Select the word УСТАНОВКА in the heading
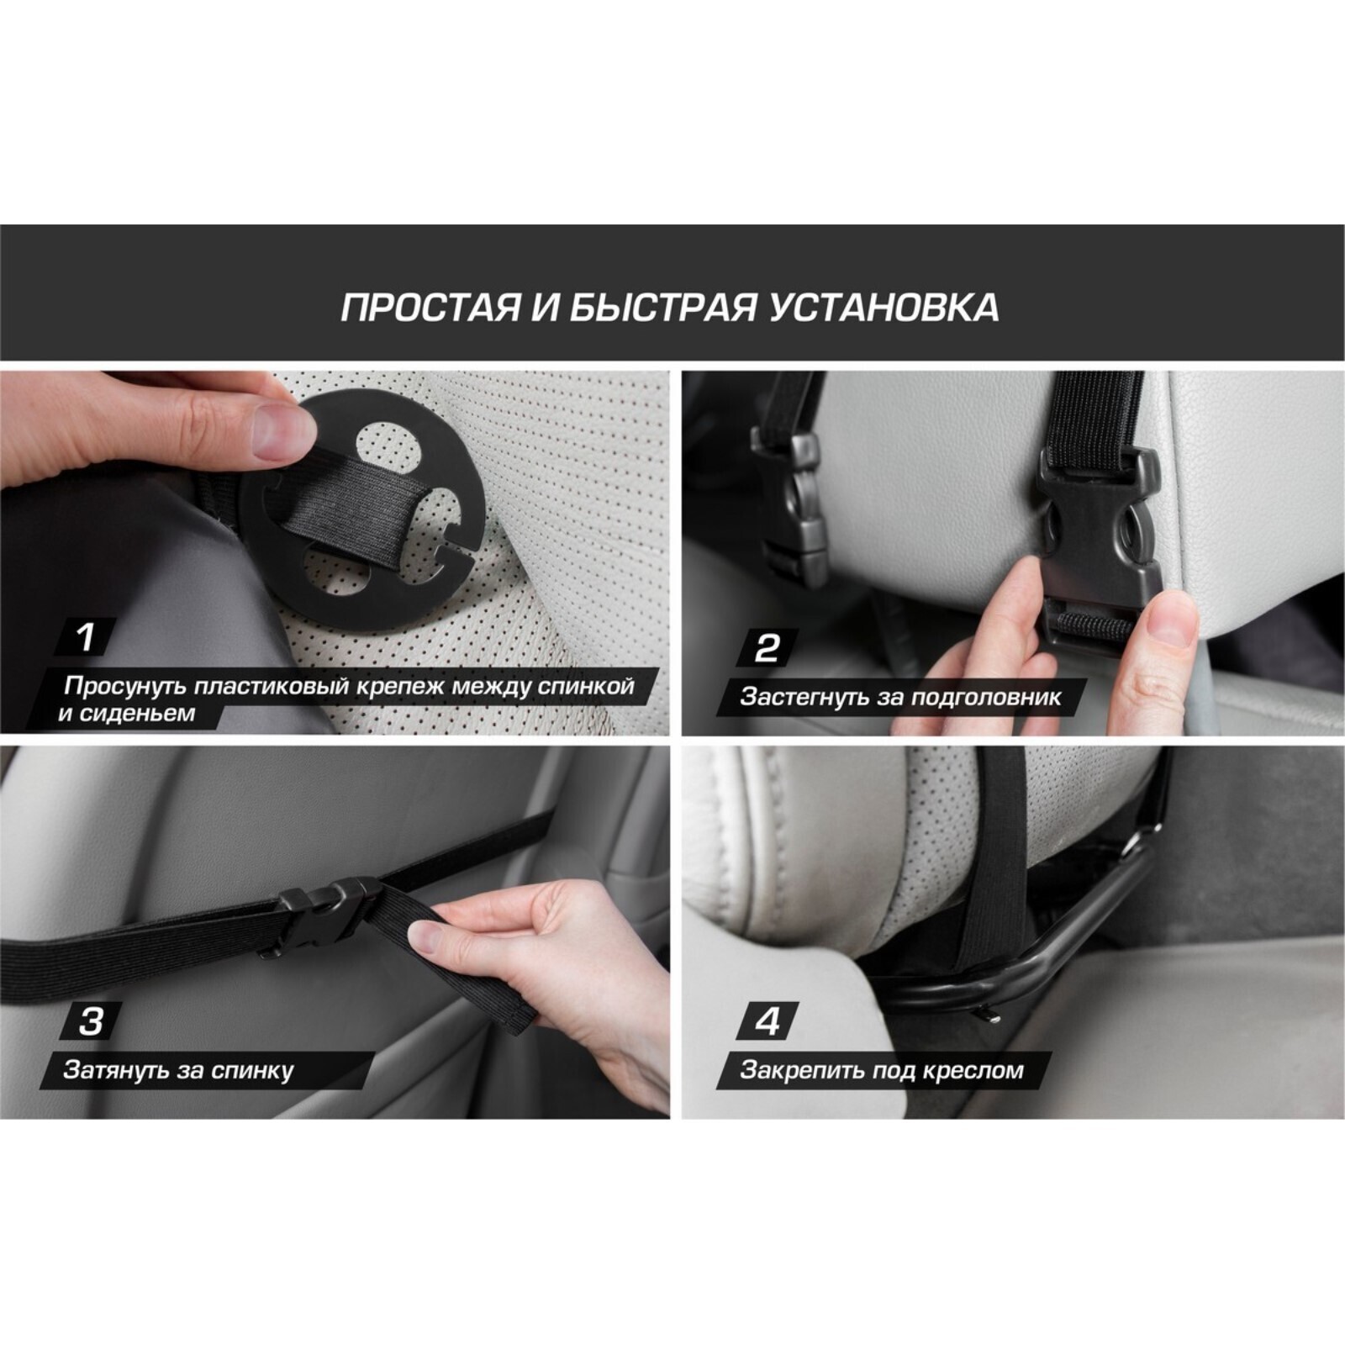pyautogui.click(x=885, y=308)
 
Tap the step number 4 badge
pyautogui.click(x=767, y=1022)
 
